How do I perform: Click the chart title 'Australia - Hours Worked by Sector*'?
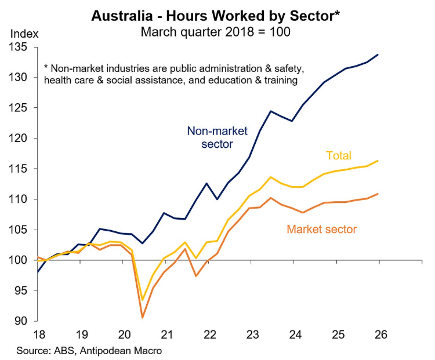[x=215, y=16]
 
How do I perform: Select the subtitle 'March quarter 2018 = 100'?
[x=215, y=32]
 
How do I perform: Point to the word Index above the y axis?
[x=23, y=33]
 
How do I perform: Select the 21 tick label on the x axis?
[x=168, y=334]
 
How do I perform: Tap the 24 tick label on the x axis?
[x=295, y=334]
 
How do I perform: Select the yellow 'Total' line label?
[x=339, y=155]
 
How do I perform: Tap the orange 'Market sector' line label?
[x=321, y=229]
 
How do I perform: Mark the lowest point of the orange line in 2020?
[x=142, y=318]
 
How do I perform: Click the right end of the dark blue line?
[x=379, y=54]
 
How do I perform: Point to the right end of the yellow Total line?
[x=379, y=161]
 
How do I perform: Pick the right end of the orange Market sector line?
[x=379, y=194]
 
